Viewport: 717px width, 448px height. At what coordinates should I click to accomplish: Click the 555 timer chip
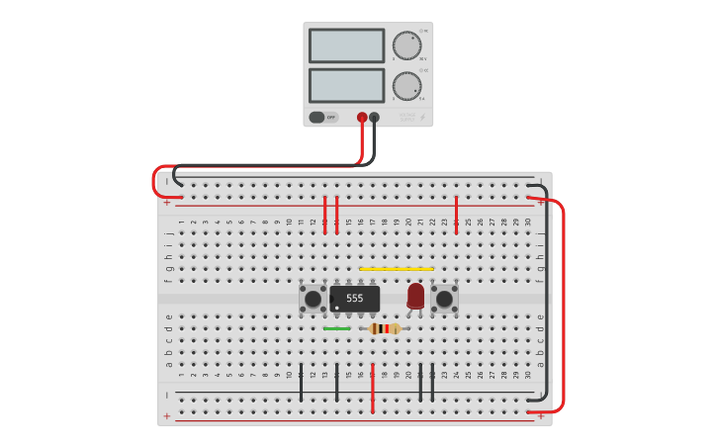[355, 298]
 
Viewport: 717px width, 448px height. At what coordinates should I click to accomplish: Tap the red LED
[415, 295]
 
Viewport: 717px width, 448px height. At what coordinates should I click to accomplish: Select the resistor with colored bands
[384, 328]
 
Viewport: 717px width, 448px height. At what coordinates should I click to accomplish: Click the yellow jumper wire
[396, 268]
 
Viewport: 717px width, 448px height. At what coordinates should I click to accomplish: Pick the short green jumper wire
[336, 328]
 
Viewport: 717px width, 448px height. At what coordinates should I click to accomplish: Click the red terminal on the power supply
[362, 117]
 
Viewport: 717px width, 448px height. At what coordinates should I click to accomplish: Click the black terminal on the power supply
[374, 117]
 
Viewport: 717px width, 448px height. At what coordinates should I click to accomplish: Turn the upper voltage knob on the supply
[405, 45]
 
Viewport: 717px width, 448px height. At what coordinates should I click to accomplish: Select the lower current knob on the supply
[405, 86]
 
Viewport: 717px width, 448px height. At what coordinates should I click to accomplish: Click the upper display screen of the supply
[346, 45]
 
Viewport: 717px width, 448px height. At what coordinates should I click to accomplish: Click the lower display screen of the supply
[346, 85]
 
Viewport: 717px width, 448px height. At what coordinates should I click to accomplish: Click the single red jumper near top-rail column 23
[456, 214]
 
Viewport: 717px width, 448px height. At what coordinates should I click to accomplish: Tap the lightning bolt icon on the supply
[423, 118]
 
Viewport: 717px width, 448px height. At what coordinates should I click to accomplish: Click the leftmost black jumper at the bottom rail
[301, 382]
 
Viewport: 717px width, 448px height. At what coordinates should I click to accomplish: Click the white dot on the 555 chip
[337, 306]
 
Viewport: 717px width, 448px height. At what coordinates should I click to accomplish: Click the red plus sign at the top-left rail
[167, 203]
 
